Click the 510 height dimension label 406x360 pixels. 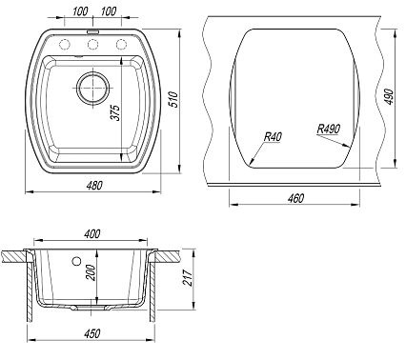pos(173,99)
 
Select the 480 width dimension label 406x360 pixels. pos(94,185)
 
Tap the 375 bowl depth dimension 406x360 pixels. pos(115,112)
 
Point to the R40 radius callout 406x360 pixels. pos(273,137)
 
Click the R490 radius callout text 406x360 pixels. pos(329,129)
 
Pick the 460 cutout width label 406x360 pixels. pos(295,198)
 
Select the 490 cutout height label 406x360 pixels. pos(389,96)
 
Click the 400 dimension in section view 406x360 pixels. pos(91,234)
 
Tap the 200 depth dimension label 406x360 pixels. pos(91,272)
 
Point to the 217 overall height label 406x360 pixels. pos(188,277)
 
